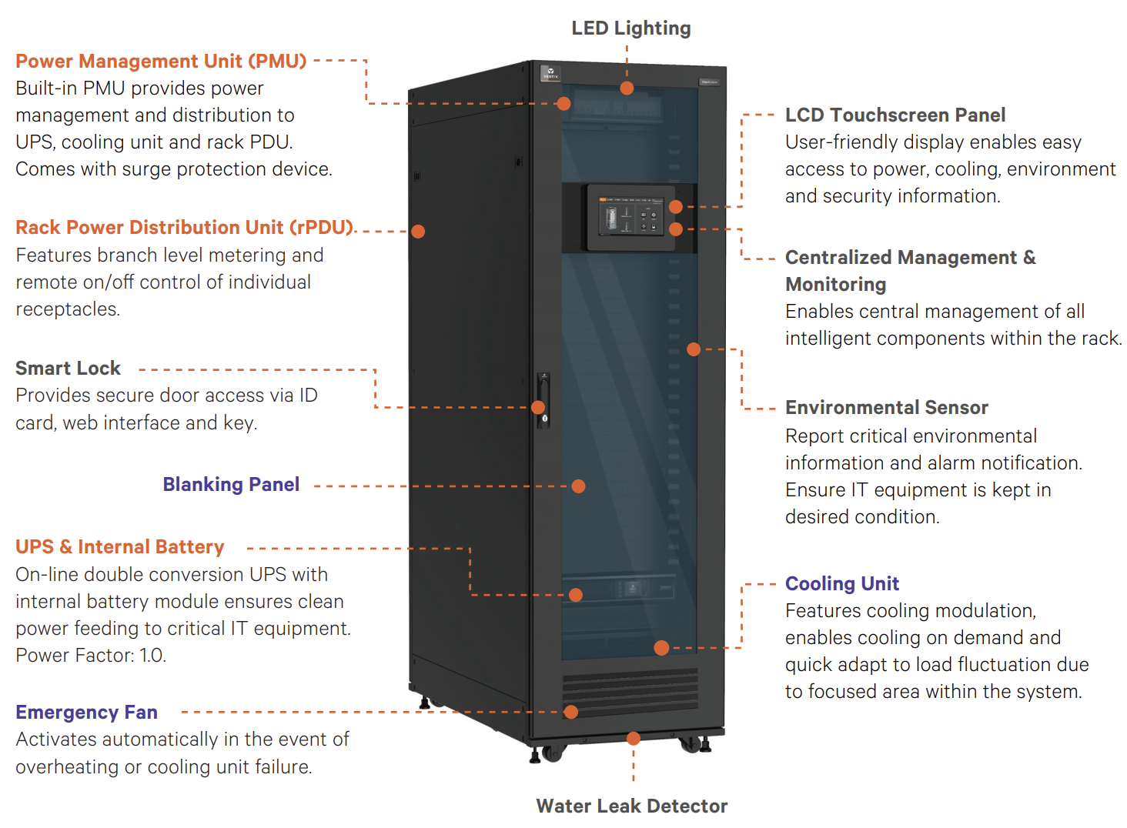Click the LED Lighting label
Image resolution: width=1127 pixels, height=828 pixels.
[630, 28]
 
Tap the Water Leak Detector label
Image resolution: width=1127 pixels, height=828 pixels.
[631, 806]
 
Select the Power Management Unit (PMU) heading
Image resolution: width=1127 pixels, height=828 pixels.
[161, 61]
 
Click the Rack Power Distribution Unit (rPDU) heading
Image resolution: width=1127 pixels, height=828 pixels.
[184, 227]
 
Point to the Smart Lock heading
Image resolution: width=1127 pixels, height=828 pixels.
[68, 368]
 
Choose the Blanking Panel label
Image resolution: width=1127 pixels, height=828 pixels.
[231, 484]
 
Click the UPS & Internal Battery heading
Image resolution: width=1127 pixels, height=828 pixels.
[119, 546]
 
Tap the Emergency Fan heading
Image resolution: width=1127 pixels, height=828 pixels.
[86, 712]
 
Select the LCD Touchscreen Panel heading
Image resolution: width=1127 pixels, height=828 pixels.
[895, 115]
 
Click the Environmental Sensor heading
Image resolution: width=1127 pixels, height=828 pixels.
[886, 407]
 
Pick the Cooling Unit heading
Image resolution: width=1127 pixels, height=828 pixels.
[841, 583]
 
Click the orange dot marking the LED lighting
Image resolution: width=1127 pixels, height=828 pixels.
[627, 88]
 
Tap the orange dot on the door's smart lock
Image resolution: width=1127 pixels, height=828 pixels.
[538, 407]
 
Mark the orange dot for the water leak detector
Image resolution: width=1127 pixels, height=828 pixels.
[634, 739]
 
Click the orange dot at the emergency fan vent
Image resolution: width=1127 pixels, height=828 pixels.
[570, 712]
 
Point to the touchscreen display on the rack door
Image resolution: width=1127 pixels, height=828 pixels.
[630, 218]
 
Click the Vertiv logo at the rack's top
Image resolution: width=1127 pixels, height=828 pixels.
[550, 73]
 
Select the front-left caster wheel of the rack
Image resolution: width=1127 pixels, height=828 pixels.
[550, 753]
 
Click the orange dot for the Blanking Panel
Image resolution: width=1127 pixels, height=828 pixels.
[578, 486]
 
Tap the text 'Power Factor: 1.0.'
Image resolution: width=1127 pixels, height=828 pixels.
[91, 655]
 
